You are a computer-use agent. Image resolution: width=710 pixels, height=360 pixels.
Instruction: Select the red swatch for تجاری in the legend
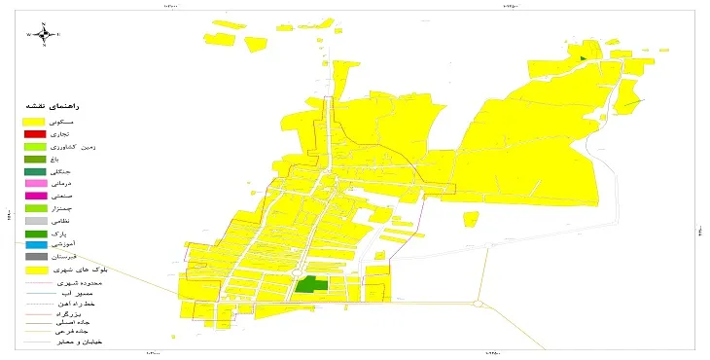click(35, 133)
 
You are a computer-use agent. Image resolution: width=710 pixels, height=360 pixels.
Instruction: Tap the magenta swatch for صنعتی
click(35, 196)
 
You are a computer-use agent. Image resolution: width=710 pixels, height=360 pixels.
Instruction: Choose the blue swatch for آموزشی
click(35, 244)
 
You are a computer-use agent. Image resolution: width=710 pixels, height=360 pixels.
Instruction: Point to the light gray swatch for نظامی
click(35, 221)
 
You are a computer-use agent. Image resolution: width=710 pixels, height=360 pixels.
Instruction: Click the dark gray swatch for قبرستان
click(35, 257)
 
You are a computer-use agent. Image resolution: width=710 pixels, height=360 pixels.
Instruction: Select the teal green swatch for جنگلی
click(35, 171)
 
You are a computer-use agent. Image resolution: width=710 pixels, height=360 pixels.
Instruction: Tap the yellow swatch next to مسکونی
click(35, 121)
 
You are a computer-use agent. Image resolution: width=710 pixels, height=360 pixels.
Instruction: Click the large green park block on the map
click(311, 284)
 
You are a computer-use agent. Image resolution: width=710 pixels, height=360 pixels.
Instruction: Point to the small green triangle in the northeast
click(582, 58)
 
